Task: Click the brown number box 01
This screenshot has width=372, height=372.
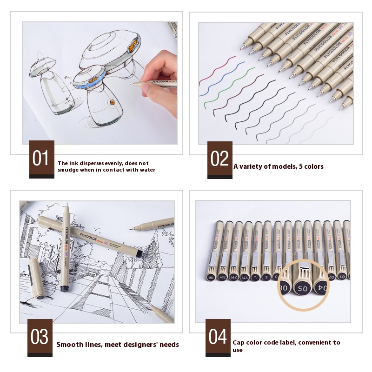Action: (42, 159)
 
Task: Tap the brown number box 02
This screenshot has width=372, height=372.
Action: (220, 159)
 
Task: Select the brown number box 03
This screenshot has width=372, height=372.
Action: (40, 337)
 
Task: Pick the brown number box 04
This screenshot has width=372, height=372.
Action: (218, 337)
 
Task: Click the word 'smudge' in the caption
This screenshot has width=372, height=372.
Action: (68, 170)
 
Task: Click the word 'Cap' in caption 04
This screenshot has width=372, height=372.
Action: (239, 342)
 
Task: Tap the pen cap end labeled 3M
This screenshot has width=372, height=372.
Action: (222, 277)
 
